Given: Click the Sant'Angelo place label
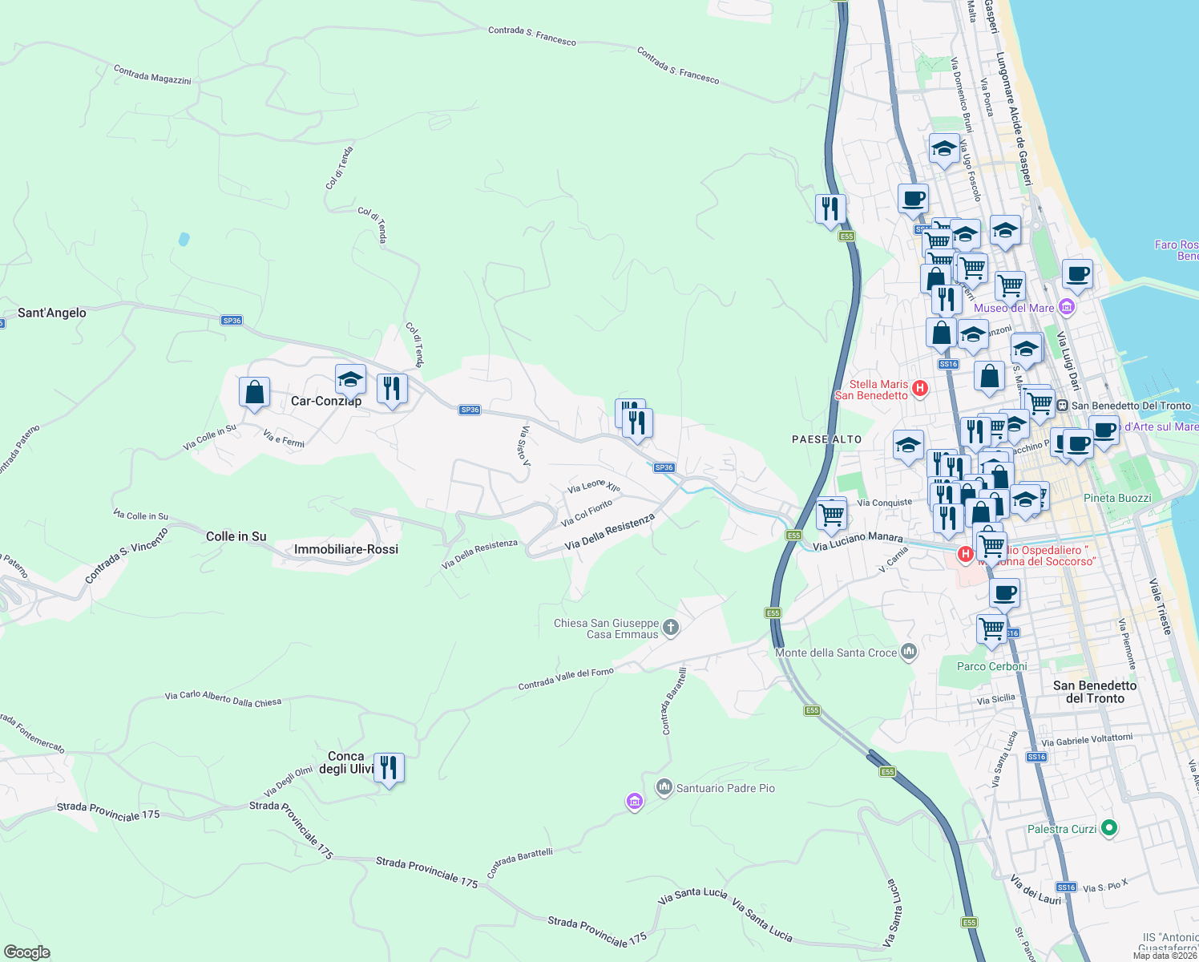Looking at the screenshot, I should click(52, 313).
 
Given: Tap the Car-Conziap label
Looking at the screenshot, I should click(326, 401).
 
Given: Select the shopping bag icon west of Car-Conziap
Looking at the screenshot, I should click(254, 393).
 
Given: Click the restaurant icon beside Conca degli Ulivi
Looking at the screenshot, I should click(389, 768).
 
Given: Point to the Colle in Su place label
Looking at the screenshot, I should click(236, 536).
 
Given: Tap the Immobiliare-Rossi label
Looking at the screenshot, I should click(346, 549).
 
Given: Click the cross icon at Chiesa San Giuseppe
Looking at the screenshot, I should click(671, 627).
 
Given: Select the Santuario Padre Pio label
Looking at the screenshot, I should click(725, 788).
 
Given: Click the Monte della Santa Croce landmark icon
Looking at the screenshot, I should click(908, 651).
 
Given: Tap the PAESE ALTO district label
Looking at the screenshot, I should click(826, 439).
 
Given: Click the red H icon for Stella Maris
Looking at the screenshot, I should click(919, 389).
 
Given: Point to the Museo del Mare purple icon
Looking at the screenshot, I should click(1066, 307).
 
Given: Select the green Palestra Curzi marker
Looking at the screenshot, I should click(1108, 827).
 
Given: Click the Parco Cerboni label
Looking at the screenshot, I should click(991, 666).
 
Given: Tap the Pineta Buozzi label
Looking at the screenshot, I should click(1117, 498).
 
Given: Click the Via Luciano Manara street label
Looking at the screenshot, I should click(858, 541).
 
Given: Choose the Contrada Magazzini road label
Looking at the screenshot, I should click(152, 75).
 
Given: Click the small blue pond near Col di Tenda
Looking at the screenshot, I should click(184, 239).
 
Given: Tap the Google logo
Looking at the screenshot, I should click(27, 952).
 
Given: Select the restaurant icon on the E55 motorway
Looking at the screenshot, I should click(830, 209).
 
